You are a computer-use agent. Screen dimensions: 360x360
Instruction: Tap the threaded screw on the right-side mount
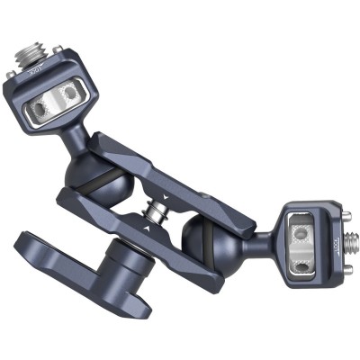point(351,241)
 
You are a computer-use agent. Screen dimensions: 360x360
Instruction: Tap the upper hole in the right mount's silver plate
point(302,231)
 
